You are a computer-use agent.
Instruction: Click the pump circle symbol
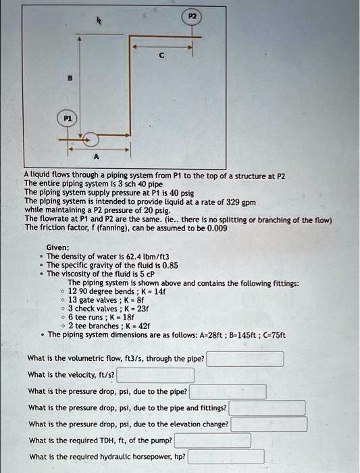point(91,140)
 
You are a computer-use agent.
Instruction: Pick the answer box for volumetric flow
point(245,359)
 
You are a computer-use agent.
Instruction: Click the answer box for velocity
point(155,375)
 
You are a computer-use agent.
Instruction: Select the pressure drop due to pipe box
point(228,391)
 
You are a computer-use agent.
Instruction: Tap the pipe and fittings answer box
point(267,408)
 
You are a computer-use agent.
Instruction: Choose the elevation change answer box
point(269,424)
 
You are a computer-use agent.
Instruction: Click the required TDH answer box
point(213,441)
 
